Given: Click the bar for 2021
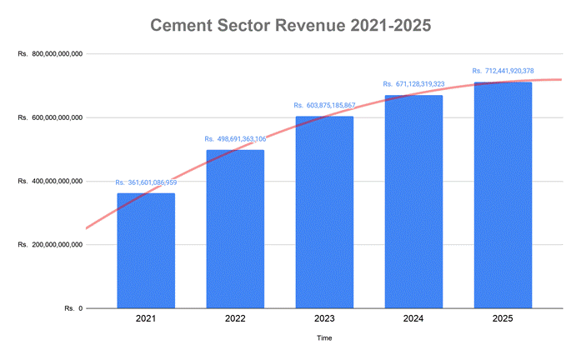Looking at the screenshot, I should pos(146,251).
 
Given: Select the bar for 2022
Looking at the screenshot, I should pos(235,229).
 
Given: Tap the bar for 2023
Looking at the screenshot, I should pos(324,212).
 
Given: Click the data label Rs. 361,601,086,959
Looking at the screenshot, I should pos(146,182).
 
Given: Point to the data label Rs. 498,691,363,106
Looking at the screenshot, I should pos(235,139).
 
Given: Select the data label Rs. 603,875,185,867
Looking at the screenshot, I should pos(324,106).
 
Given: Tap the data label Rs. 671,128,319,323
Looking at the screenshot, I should pos(413,84).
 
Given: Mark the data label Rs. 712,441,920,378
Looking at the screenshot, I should pos(503,71).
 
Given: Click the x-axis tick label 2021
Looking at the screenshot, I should pos(146,319).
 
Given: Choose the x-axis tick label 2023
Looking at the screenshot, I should pos(324,319).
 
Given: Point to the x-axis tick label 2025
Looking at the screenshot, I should pos(503,319).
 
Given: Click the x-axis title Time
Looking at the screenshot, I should pos(324,338).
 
